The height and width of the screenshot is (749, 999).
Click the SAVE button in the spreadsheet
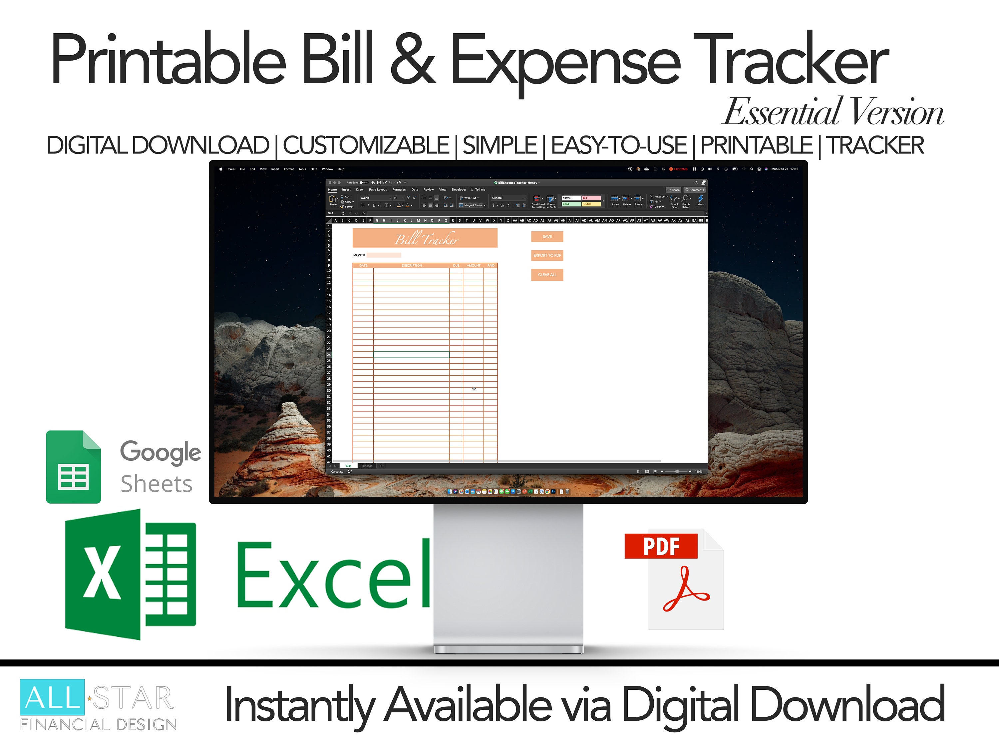(x=547, y=237)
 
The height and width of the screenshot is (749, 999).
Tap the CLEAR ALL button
(x=547, y=275)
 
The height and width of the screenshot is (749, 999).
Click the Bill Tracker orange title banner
(x=425, y=238)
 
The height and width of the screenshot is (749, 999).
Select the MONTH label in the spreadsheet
(x=359, y=255)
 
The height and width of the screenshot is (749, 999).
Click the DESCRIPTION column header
(x=412, y=265)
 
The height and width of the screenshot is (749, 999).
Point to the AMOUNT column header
(x=473, y=265)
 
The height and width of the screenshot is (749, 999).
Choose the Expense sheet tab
(x=367, y=466)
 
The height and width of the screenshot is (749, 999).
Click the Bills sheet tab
(x=348, y=466)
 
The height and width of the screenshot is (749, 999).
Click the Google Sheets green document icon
(x=73, y=467)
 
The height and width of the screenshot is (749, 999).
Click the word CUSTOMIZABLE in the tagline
(x=366, y=145)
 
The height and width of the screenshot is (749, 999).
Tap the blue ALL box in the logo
(x=52, y=697)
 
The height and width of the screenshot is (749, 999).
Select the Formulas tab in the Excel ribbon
(x=399, y=190)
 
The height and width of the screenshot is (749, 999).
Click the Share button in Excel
(x=673, y=190)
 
